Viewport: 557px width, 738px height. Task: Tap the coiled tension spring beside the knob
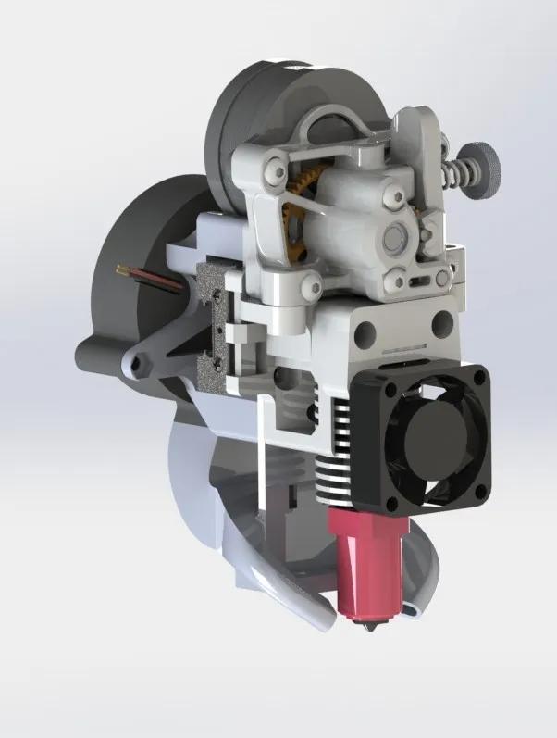[455, 173]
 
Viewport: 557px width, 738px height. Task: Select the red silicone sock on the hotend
[367, 565]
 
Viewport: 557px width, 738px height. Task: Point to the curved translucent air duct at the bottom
[278, 593]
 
